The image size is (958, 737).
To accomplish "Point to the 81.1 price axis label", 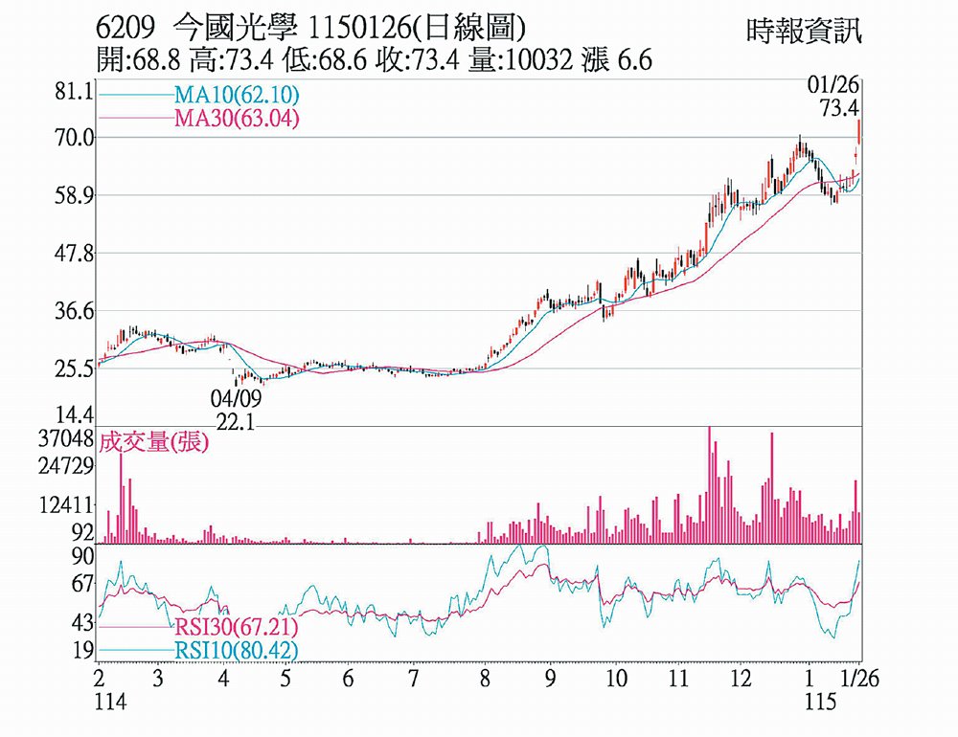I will [75, 93].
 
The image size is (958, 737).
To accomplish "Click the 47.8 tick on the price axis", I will [75, 255].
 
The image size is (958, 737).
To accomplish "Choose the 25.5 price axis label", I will [75, 368].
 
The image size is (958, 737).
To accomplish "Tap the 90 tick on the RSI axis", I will [82, 556].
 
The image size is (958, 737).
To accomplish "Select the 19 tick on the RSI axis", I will [82, 651].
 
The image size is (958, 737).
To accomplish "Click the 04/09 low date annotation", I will [236, 397].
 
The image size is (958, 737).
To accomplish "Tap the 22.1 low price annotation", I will [236, 420].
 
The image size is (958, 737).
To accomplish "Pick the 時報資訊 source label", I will [803, 32].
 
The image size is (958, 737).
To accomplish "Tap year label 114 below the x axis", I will [111, 702].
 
